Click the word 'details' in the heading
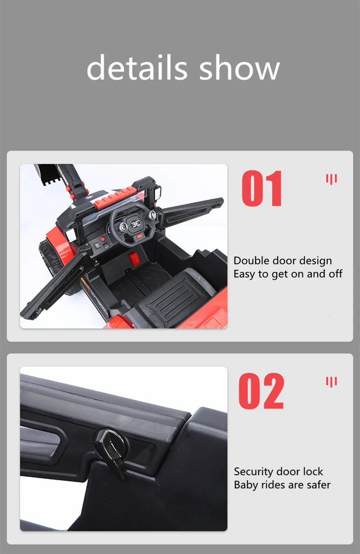point(137,67)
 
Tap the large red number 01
point(262,188)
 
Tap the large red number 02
point(261,391)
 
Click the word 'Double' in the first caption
point(251,261)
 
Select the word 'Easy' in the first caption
point(244,274)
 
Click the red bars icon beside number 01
point(331,179)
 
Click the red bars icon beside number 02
point(331,382)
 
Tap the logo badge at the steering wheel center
point(135,224)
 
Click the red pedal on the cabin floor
point(134,259)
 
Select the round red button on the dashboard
point(102,239)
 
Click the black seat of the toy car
point(177,297)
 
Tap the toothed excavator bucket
point(49,175)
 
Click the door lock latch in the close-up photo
point(113,452)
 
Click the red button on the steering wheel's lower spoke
point(139,236)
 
